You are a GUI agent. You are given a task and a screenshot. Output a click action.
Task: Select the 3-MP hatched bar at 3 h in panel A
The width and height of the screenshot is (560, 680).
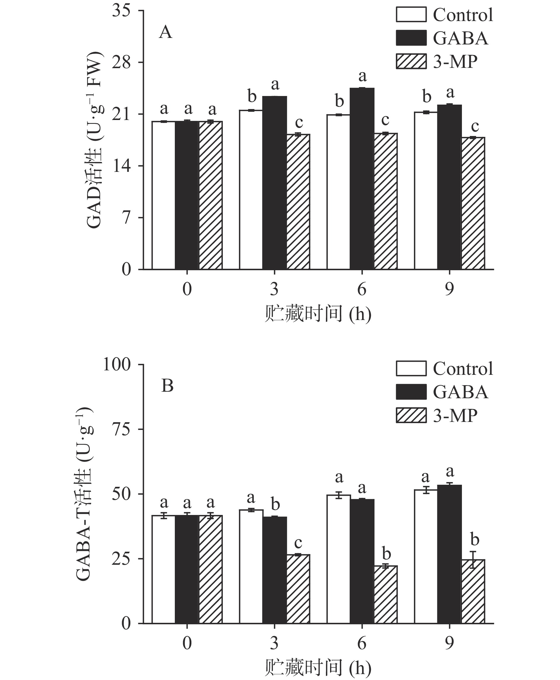pyautogui.click(x=298, y=201)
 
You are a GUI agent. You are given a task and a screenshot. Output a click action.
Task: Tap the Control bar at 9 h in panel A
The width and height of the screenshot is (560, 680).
pyautogui.click(x=426, y=190)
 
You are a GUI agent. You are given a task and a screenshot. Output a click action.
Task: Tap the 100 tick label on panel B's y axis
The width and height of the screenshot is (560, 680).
pyautogui.click(x=116, y=365)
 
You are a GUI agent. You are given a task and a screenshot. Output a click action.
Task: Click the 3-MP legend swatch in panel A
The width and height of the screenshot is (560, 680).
pyautogui.click(x=411, y=61)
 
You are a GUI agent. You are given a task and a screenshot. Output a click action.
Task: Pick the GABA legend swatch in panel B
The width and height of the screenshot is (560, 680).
pyautogui.click(x=411, y=392)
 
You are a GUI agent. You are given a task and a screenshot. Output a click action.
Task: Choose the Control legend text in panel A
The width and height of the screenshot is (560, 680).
pyautogui.click(x=463, y=15)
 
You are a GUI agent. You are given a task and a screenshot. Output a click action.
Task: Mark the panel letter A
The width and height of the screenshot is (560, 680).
pyautogui.click(x=166, y=32)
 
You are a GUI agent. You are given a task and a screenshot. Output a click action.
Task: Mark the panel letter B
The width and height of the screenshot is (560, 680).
pyautogui.click(x=167, y=386)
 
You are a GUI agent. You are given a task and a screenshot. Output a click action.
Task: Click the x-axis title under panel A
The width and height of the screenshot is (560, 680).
pyautogui.click(x=318, y=314)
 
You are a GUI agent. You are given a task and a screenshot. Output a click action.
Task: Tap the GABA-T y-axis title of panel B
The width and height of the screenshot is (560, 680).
pyautogui.click(x=84, y=494)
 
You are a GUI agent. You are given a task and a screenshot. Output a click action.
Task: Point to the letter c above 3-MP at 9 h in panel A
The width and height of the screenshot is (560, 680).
pyautogui.click(x=474, y=126)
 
